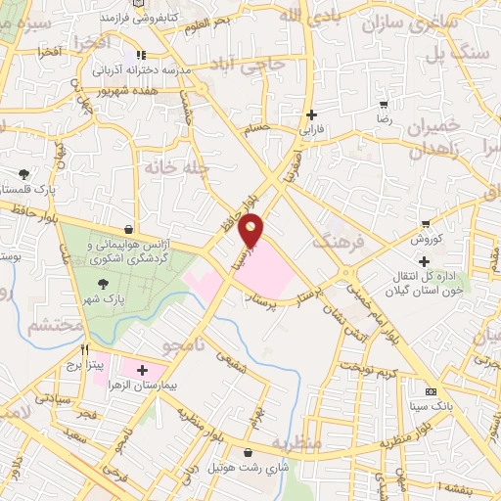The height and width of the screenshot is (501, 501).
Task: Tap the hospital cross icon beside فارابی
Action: [x=310, y=114]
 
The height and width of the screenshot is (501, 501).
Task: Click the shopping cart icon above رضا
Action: [x=385, y=103]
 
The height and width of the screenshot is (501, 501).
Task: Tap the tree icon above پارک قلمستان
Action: [x=22, y=174]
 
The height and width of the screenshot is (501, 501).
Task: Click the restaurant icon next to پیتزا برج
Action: [x=85, y=350]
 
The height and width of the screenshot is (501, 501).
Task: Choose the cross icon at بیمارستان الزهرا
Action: [x=143, y=371]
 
